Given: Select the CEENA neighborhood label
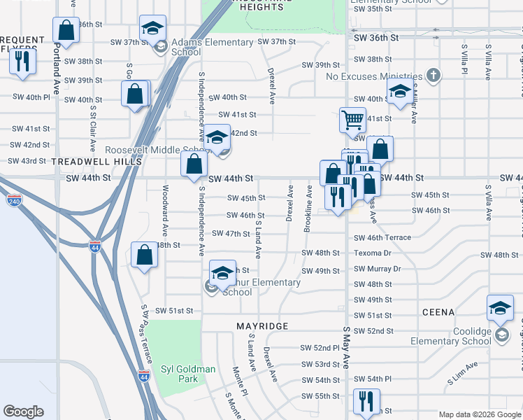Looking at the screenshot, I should [438, 311].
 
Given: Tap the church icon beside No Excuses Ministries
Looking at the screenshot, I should [434, 75].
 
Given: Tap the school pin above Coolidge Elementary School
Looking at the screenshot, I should [500, 309].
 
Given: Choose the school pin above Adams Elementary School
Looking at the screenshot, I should [152, 29].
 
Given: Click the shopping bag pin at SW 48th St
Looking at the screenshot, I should [144, 255].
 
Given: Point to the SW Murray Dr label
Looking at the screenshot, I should [377, 269].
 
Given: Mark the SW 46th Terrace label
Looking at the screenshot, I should [382, 238].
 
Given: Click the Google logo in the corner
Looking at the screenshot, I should [24, 412].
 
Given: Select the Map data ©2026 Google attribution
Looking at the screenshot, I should [479, 414].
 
